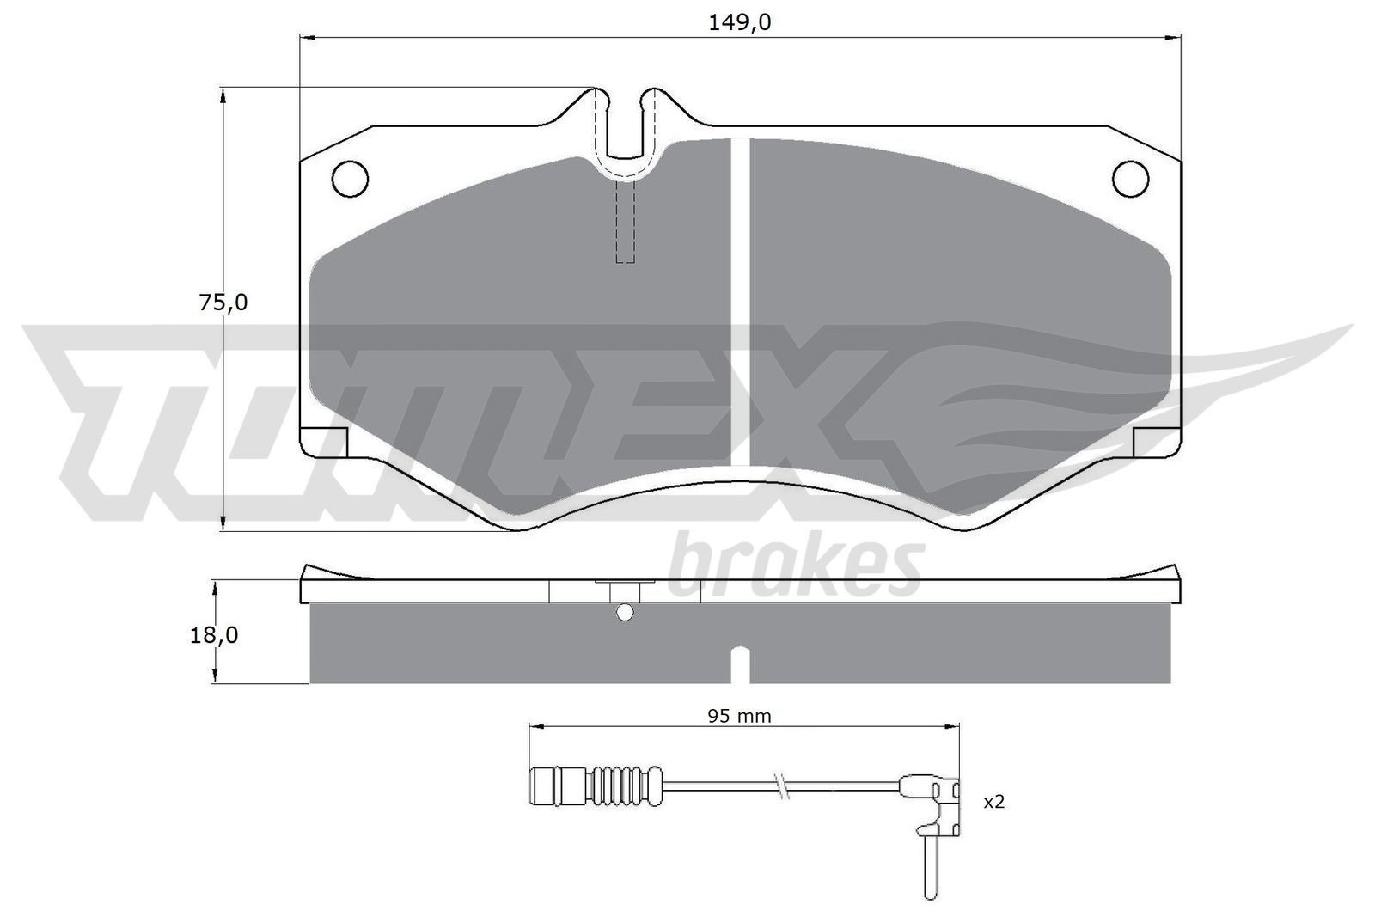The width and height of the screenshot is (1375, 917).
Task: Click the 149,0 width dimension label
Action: point(739,23)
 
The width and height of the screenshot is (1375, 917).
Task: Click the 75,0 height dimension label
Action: point(223,303)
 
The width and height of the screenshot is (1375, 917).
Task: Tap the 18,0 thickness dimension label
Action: point(213,635)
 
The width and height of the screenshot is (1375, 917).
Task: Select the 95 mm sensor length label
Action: point(739,716)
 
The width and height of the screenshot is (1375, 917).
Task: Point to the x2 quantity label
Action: point(993,802)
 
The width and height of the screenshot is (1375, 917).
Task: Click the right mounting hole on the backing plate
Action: point(1130,178)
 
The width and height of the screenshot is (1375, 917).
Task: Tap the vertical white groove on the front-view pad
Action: point(740,301)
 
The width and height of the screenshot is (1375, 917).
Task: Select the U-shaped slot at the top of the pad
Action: point(626,129)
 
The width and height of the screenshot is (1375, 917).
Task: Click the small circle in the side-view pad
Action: point(626,612)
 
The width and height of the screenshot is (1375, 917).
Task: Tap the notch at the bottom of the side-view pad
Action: point(740,666)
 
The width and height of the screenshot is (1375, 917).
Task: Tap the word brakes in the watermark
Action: point(795,567)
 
